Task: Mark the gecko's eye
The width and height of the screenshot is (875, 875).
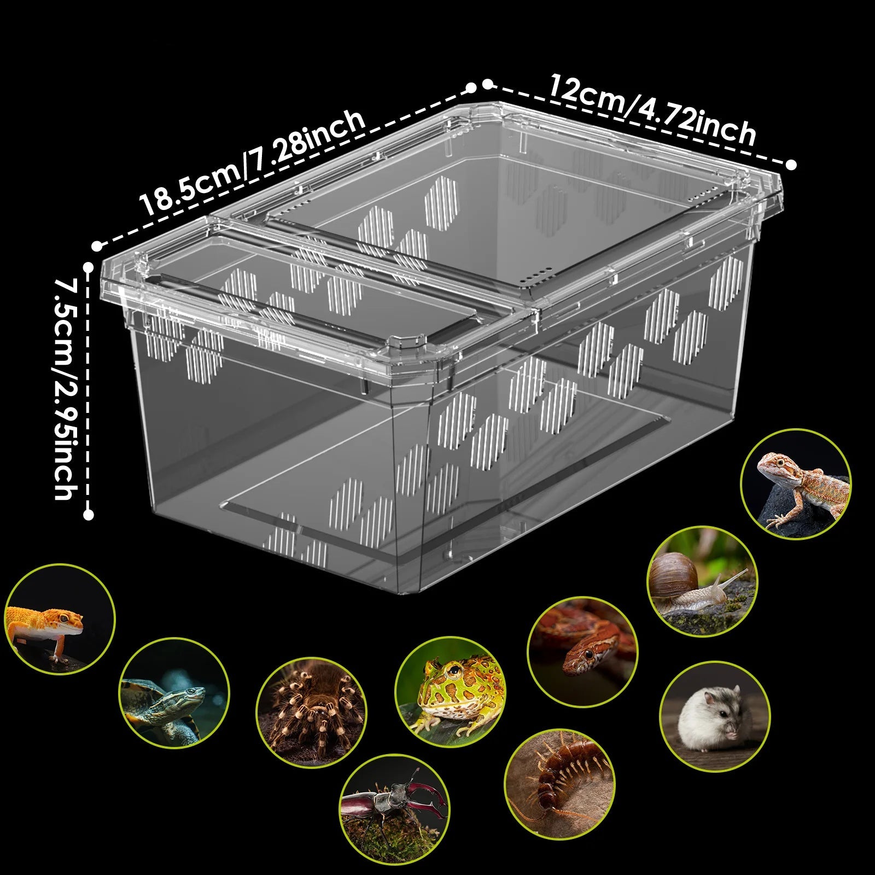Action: pyautogui.click(x=65, y=617)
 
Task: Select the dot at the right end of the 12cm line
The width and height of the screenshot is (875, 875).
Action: pyautogui.click(x=791, y=164)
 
